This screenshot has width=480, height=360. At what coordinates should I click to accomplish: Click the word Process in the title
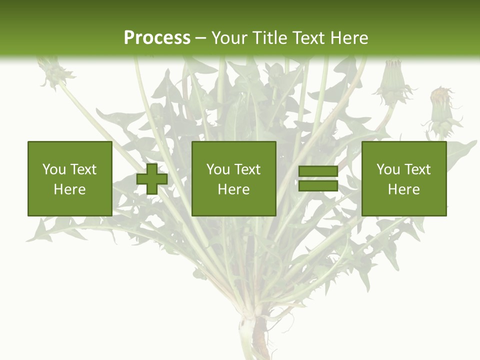tap(157, 37)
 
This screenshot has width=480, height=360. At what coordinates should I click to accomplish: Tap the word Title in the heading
tap(271, 37)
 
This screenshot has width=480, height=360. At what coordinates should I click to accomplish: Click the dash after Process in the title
tap(200, 38)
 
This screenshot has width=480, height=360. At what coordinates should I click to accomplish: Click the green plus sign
tap(152, 179)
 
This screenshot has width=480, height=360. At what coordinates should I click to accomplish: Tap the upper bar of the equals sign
tap(318, 171)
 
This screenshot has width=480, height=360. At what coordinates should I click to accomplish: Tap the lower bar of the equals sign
tap(318, 186)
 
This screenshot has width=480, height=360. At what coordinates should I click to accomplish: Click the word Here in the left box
tap(69, 189)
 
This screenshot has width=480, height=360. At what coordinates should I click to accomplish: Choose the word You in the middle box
tap(217, 169)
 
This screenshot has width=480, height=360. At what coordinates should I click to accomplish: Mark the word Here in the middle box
tap(233, 189)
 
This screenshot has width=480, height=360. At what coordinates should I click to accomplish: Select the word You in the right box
tap(387, 169)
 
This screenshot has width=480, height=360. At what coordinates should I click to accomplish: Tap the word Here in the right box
tap(403, 189)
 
